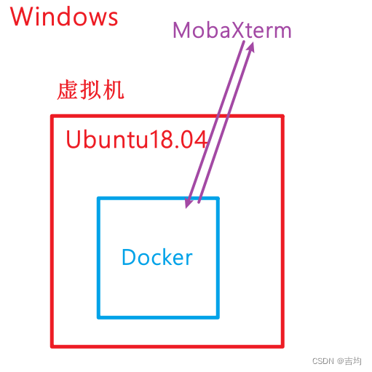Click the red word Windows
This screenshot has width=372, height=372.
(65, 17)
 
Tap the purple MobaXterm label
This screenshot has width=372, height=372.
(231, 31)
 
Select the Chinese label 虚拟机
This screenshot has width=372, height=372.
(90, 91)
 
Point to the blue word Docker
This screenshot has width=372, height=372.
(157, 257)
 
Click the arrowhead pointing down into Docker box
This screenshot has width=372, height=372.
(188, 205)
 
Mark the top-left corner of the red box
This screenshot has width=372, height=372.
(52, 116)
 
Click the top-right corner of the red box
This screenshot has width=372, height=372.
(282, 116)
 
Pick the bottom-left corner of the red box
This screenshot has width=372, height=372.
(52, 345)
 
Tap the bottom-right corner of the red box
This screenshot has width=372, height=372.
(282, 345)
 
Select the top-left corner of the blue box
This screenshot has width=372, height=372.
(99, 198)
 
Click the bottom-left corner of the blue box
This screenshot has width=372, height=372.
(99, 317)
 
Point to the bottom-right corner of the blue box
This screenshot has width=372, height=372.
(217, 317)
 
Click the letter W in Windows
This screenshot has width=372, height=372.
(23, 17)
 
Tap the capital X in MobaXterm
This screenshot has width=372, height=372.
(236, 31)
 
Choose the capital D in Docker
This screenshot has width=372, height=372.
(129, 257)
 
